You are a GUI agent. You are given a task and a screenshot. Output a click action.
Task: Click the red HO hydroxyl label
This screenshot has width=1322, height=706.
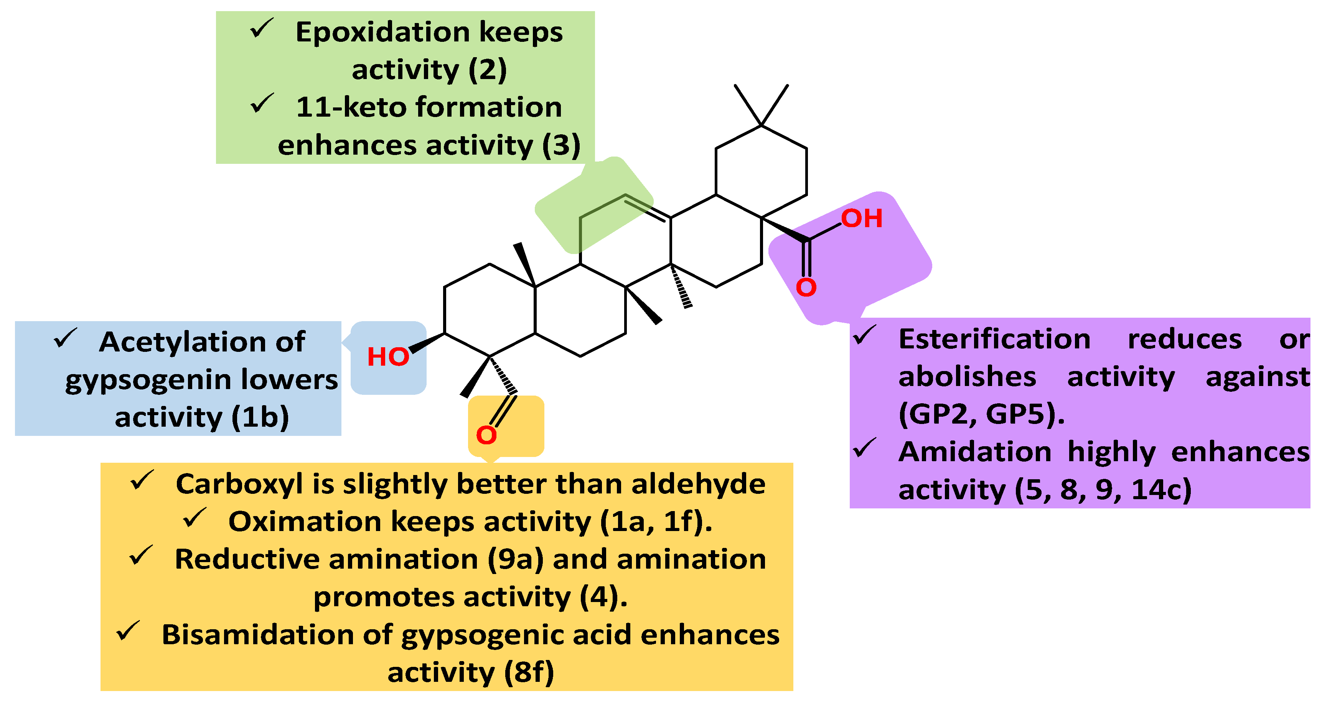pos(388,357)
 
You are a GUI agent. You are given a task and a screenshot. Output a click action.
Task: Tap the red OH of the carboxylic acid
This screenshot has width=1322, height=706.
pos(861,218)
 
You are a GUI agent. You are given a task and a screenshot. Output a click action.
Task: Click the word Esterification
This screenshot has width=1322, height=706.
pos(994,340)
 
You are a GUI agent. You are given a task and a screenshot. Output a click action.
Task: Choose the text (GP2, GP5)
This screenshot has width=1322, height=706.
pos(981,414)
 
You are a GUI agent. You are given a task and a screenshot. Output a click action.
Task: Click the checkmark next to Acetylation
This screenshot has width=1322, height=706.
pos(65,338)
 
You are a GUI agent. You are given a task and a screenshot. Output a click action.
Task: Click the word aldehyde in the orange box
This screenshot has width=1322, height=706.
pos(698,484)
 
